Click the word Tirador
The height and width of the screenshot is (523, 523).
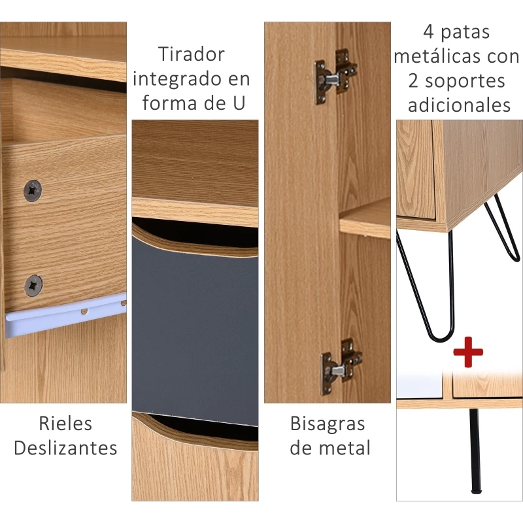[x=192, y=55]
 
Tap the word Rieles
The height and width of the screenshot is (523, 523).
[x=65, y=424]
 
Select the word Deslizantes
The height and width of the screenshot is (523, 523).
[x=65, y=448]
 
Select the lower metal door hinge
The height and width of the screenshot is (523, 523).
[x=341, y=365]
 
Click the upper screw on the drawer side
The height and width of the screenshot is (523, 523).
[x=33, y=190]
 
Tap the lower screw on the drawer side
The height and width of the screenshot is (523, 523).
[x=33, y=285]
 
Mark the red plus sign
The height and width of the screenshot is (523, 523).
[x=468, y=354]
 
